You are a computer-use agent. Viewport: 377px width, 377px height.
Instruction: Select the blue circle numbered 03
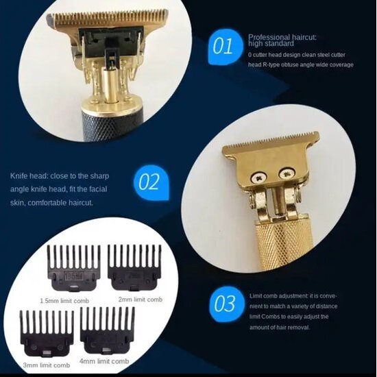coord(225,303)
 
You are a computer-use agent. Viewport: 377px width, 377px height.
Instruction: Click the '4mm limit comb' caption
coord(104,361)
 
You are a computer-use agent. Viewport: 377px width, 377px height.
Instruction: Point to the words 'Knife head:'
coord(28,176)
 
